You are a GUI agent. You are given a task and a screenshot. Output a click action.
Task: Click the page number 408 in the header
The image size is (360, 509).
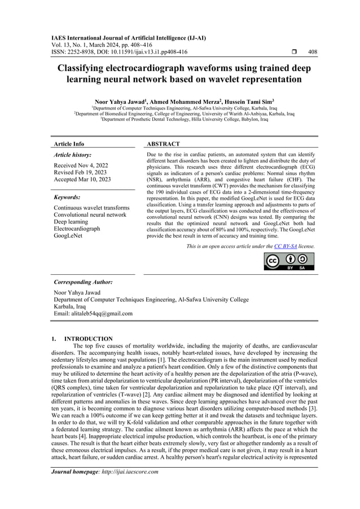click(x=313, y=52)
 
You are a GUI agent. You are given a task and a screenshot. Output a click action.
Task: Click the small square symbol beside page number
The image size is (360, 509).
click(x=288, y=52)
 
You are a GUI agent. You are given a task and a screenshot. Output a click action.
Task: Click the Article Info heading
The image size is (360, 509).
click(x=68, y=144)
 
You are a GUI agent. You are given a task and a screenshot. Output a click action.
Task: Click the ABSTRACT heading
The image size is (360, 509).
click(x=163, y=144)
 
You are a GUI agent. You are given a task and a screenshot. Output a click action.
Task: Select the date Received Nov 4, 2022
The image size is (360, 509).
click(x=81, y=165)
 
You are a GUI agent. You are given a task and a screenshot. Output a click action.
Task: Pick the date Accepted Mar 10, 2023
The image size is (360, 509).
click(x=82, y=179)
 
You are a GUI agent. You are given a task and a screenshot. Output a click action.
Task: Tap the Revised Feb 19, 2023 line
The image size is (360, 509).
click(x=80, y=172)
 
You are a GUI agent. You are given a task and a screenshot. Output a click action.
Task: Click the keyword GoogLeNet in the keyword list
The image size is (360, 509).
click(x=68, y=236)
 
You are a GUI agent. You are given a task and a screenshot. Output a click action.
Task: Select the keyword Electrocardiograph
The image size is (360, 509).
click(x=77, y=229)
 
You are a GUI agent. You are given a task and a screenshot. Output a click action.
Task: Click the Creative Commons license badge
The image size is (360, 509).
click(x=289, y=261)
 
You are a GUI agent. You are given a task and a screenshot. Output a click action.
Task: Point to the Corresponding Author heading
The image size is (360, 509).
click(x=83, y=281)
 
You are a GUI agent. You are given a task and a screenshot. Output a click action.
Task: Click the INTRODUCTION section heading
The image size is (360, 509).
click(x=89, y=339)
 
